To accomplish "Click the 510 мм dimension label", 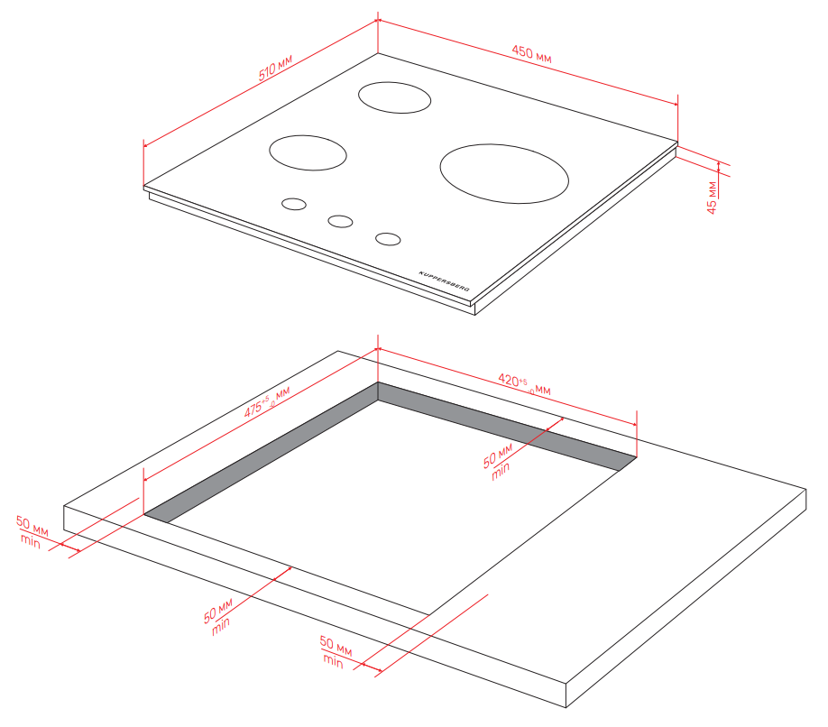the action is (275, 67).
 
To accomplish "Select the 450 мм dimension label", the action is (532, 54).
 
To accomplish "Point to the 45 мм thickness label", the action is (712, 198).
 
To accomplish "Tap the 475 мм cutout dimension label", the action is (267, 401).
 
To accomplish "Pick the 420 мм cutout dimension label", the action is (524, 384).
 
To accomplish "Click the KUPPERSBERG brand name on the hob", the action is (444, 281).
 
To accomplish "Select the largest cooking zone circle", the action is (504, 173).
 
